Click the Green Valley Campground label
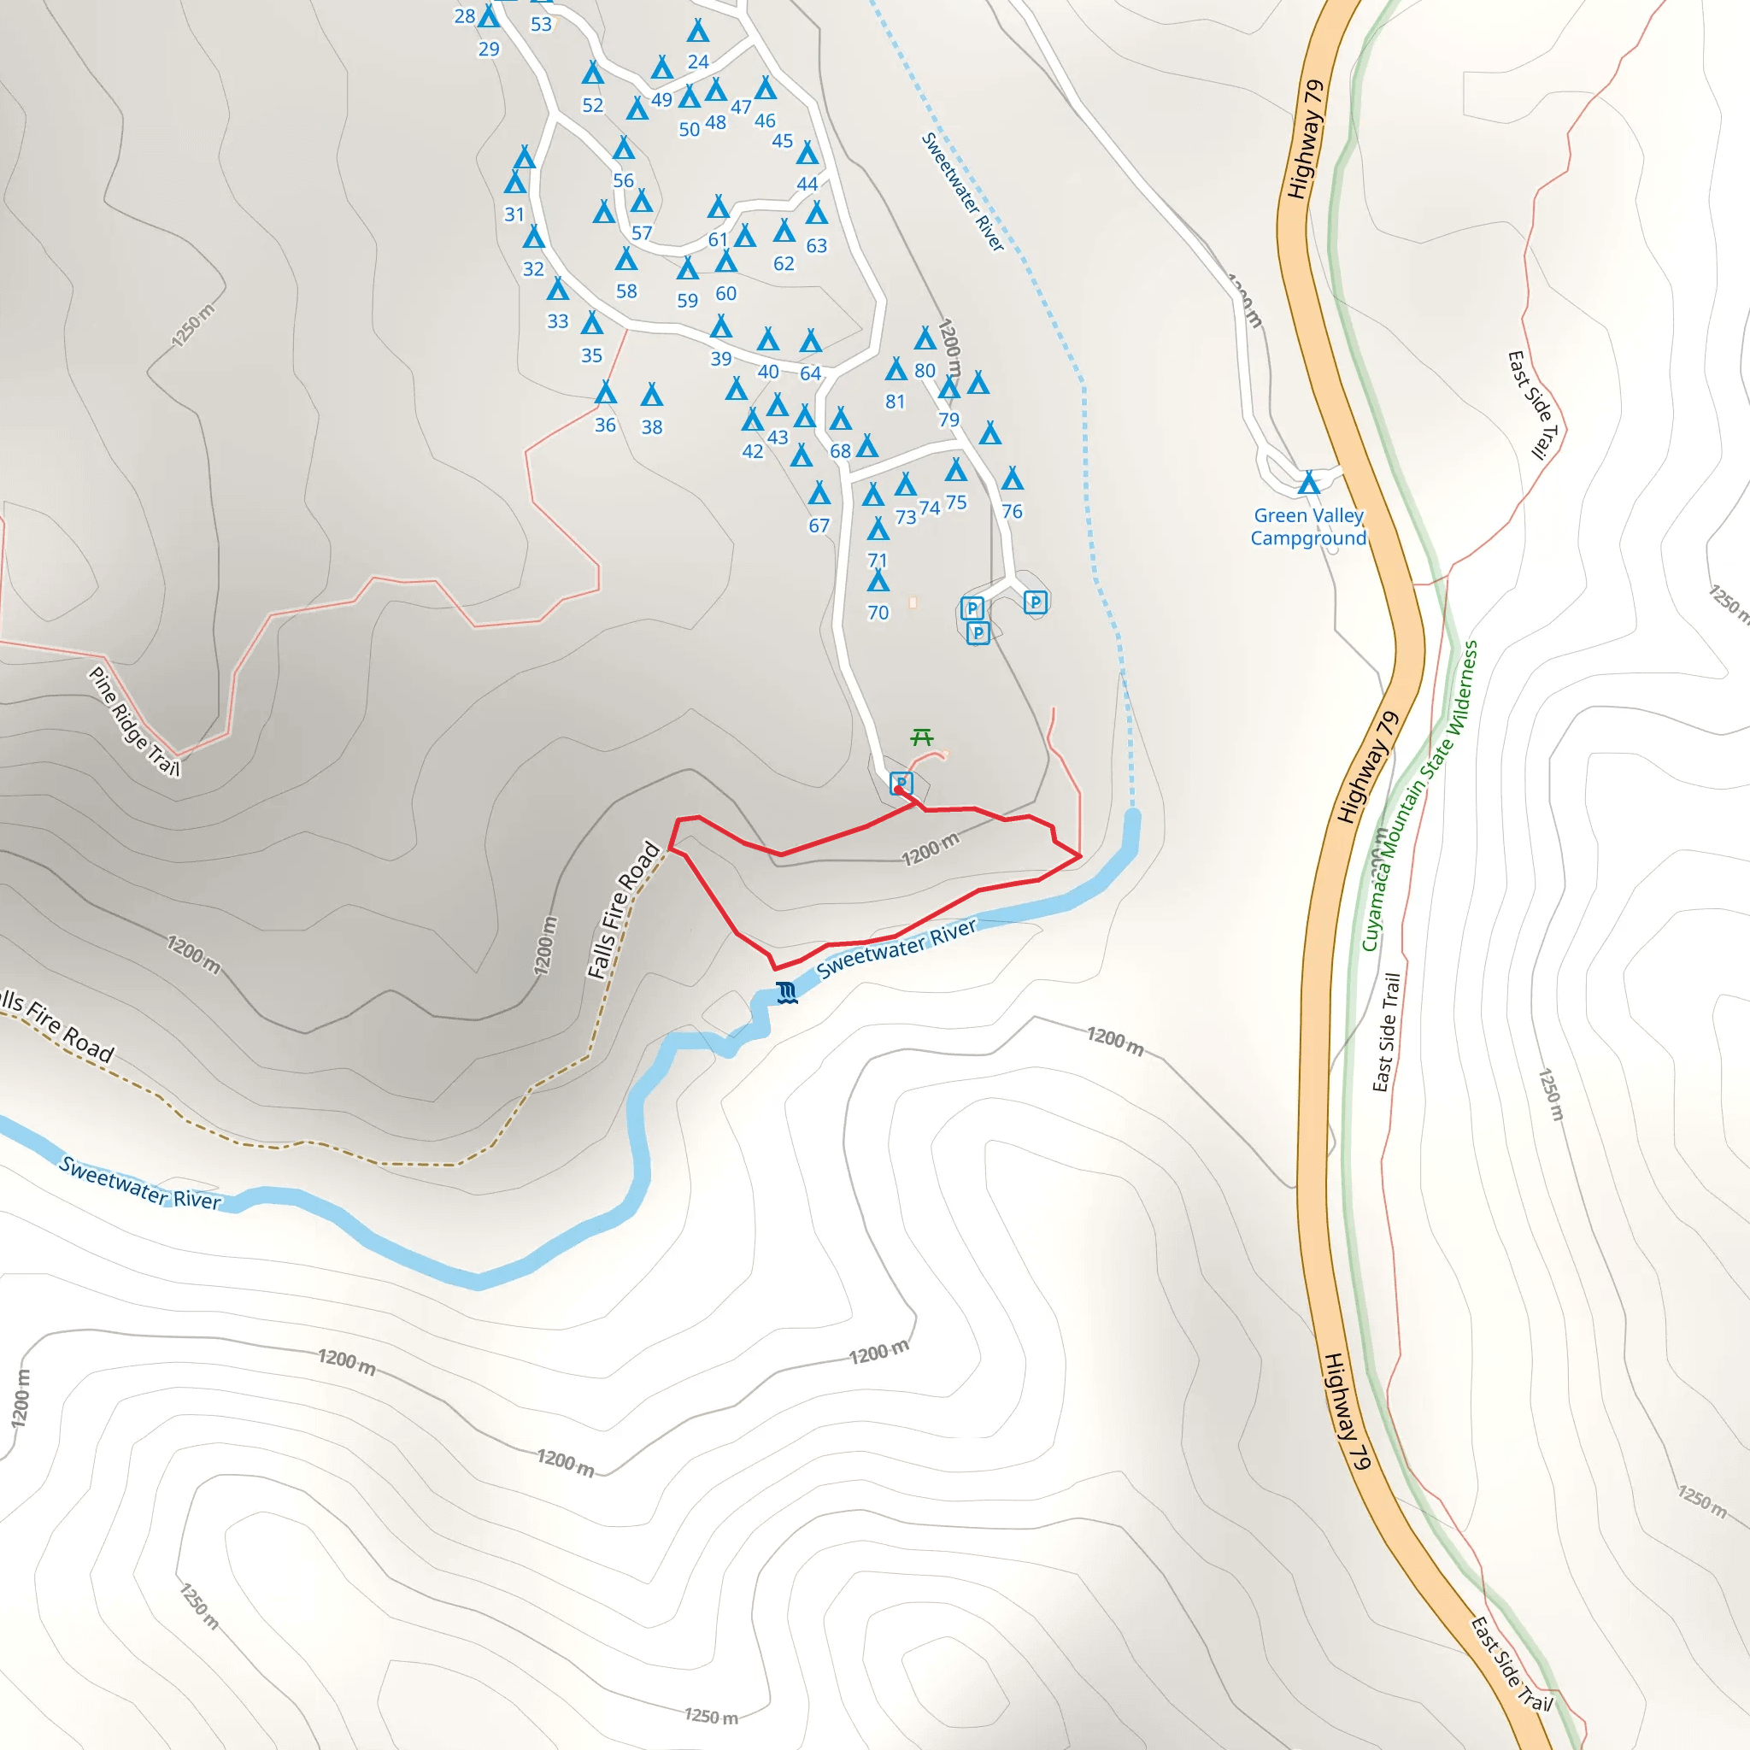click(1308, 526)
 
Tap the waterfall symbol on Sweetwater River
click(787, 993)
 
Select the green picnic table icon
click(922, 737)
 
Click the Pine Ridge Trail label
click(134, 721)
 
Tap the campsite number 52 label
click(592, 105)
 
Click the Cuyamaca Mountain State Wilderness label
click(1418, 796)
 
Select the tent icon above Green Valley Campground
click(1308, 483)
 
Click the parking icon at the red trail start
click(901, 784)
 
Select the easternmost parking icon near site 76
click(1036, 602)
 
